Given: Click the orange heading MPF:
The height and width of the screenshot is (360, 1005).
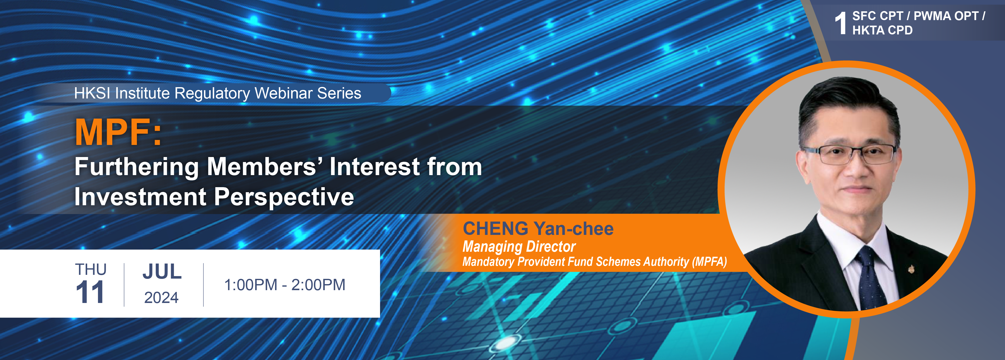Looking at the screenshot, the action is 118,132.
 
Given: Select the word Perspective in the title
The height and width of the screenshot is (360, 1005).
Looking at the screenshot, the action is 284,197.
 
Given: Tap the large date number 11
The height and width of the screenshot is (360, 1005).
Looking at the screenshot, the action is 90,292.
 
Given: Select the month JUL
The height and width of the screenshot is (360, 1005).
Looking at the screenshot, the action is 162,272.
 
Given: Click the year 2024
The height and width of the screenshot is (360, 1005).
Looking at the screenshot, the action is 161,298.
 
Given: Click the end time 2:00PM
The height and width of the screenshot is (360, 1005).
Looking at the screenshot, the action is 318,285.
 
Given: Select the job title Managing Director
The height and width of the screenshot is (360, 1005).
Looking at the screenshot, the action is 519,246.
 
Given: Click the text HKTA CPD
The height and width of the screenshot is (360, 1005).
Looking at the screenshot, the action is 882,30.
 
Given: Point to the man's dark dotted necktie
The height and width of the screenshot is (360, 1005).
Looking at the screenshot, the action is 869,277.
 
